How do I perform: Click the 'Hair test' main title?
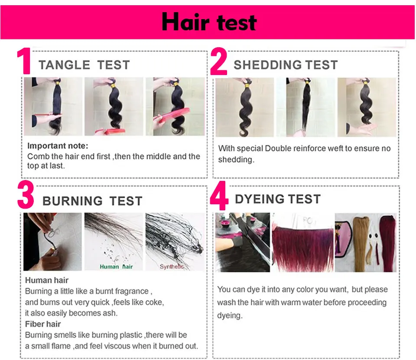point(209,22)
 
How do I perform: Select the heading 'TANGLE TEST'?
point(84,65)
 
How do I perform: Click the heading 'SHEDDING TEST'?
point(286,65)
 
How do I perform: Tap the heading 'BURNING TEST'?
point(92,201)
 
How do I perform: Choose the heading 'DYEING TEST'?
point(278,199)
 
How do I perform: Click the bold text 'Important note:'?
point(58,145)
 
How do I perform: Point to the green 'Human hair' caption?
point(116,266)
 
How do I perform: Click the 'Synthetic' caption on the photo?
point(172,266)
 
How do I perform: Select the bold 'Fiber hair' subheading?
point(43,324)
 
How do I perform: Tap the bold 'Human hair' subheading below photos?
point(47,280)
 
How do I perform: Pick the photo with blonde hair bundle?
point(365,242)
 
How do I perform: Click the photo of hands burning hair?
point(52,242)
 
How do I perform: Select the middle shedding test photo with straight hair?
point(306,107)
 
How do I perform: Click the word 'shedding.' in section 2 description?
point(235,160)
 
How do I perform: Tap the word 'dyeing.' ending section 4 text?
point(230,315)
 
